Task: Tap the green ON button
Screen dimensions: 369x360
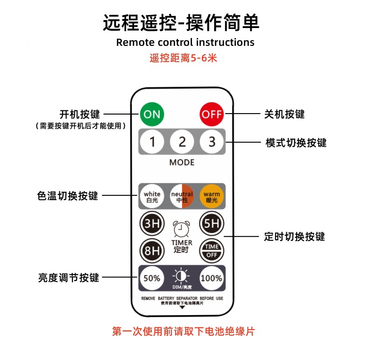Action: tap(152, 114)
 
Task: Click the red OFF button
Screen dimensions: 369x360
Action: tap(212, 114)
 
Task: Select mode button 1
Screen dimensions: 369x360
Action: tap(152, 141)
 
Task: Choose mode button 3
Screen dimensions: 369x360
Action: tap(212, 141)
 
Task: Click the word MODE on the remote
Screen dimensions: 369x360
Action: tap(182, 163)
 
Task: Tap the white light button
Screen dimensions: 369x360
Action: tap(152, 196)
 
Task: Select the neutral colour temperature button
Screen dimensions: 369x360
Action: tap(182, 196)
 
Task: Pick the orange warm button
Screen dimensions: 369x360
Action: tap(212, 196)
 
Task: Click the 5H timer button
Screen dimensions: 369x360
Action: tap(212, 223)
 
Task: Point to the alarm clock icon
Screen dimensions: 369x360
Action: tap(182, 229)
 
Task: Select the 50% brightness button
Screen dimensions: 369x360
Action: tap(152, 278)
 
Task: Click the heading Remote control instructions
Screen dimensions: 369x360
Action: tap(185, 42)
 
